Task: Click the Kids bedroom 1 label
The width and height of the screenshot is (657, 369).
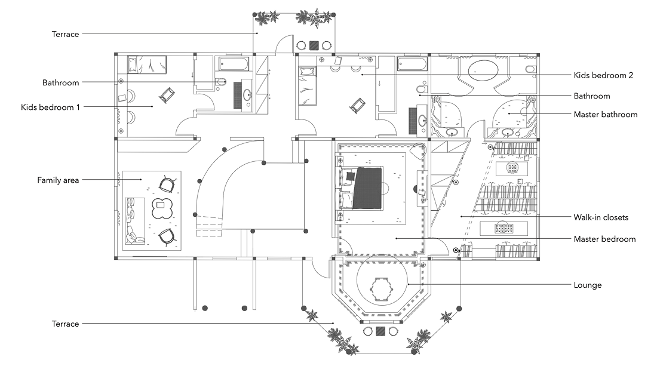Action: pyautogui.click(x=50, y=107)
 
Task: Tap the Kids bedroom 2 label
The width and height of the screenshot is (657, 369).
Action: pyautogui.click(x=603, y=75)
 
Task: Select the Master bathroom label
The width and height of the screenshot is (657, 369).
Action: pyautogui.click(x=606, y=115)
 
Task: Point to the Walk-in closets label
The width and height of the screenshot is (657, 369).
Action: pyautogui.click(x=601, y=217)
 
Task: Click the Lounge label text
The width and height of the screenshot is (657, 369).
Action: pyautogui.click(x=588, y=285)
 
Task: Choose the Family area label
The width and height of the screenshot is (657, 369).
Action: pyautogui.click(x=58, y=180)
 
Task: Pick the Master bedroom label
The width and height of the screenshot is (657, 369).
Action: pyautogui.click(x=604, y=239)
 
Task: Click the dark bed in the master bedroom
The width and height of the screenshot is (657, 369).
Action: pyautogui.click(x=367, y=188)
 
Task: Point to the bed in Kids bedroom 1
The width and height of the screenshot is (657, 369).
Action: pyautogui.click(x=147, y=64)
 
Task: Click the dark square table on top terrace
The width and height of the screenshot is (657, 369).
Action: pyautogui.click(x=314, y=45)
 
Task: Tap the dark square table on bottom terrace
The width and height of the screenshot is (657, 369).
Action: pyautogui.click(x=380, y=331)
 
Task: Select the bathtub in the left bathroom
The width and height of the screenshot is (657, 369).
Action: pyautogui.click(x=234, y=64)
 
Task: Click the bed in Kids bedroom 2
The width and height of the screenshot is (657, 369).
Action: pyautogui.click(x=307, y=86)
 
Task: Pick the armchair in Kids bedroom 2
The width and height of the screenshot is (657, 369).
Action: pyautogui.click(x=357, y=105)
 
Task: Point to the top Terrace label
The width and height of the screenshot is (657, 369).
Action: pyautogui.click(x=65, y=35)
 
